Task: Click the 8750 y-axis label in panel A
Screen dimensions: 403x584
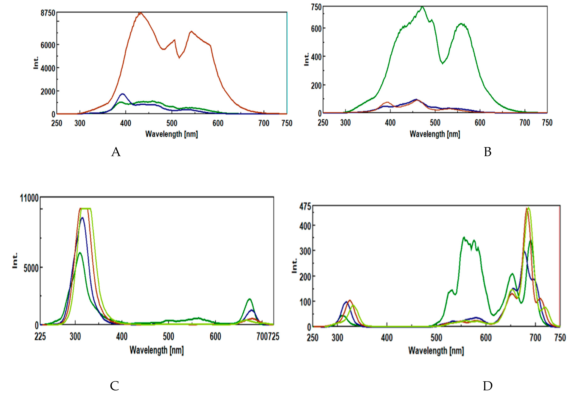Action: pos(48,13)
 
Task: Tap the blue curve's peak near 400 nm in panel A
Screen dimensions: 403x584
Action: pos(123,94)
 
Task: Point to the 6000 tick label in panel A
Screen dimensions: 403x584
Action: pos(48,45)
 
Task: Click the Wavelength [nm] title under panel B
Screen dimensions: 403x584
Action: pos(435,134)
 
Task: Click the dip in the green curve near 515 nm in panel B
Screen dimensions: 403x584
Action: pos(442,63)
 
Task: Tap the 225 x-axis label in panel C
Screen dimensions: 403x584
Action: pos(40,337)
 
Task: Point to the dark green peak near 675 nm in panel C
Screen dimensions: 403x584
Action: pos(249,299)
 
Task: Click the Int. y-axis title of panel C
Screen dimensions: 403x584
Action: pos(15,260)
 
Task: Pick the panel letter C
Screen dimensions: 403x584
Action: pos(115,386)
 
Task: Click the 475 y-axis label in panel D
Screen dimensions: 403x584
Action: pos(305,207)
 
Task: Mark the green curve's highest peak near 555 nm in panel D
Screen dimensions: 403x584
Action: pos(464,237)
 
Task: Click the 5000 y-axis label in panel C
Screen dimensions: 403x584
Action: pos(31,268)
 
